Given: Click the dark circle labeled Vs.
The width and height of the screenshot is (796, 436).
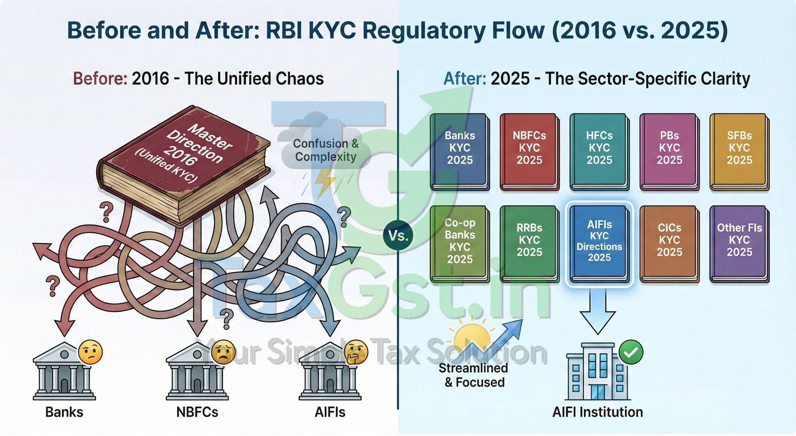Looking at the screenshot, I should pyautogui.click(x=398, y=235).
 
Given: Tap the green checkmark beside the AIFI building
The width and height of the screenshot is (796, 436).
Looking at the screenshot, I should pyautogui.click(x=631, y=352).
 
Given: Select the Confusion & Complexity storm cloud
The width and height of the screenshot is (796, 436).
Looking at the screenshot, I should pyautogui.click(x=325, y=146).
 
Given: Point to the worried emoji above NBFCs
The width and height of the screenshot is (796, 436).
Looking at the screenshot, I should pyautogui.click(x=223, y=352).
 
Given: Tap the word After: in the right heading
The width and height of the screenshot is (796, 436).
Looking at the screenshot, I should pyautogui.click(x=464, y=79).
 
